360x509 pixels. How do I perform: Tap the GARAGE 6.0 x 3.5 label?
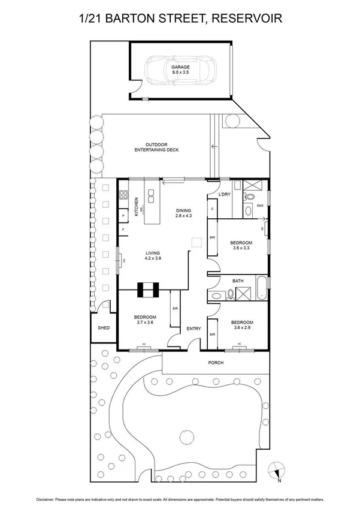coord(180,70)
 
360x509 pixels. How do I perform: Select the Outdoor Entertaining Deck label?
coord(157,148)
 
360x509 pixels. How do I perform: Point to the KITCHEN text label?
coord(137,207)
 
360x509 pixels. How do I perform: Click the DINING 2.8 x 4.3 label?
coord(183,213)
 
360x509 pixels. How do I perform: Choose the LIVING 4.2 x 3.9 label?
coord(152,256)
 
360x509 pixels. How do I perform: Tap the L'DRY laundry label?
coord(225,195)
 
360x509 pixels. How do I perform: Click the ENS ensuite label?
coord(260,207)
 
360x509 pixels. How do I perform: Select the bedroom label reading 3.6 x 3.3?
coord(242,245)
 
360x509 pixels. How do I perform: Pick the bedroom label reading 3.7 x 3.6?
coord(145,320)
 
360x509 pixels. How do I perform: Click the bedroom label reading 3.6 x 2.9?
coord(242,324)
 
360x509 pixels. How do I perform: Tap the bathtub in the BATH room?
coord(261,289)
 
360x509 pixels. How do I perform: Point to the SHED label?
coord(104,328)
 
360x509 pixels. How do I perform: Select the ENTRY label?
coord(193,328)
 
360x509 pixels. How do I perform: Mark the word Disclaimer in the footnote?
coord(48,499)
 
